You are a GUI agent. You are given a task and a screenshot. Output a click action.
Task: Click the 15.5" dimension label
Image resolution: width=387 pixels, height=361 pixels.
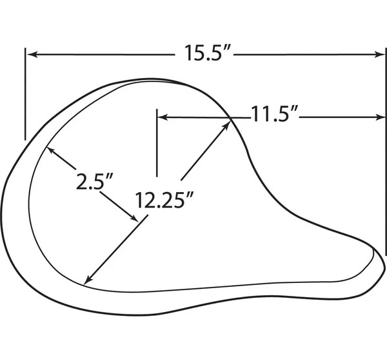[x=207, y=53]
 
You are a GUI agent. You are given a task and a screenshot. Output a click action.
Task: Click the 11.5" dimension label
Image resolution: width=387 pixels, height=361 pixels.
[x=275, y=114]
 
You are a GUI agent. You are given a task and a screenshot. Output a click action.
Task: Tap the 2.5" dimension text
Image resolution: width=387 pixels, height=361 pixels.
[x=94, y=181]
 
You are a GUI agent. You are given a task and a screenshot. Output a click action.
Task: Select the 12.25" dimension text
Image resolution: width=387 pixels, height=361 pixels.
[x=164, y=200]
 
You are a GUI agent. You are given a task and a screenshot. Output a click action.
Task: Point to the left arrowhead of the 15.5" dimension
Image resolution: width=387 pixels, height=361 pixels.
[x=32, y=55]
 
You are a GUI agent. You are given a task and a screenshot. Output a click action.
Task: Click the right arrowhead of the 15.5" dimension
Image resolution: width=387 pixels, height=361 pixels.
[x=380, y=55]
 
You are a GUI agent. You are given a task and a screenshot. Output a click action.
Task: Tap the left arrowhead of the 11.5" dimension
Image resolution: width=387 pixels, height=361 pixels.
[x=163, y=117]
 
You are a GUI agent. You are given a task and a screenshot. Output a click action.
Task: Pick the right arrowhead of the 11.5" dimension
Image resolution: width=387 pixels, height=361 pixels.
[x=380, y=117]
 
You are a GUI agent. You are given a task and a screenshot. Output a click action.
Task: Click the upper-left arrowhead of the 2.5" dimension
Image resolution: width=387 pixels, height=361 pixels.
[x=50, y=150]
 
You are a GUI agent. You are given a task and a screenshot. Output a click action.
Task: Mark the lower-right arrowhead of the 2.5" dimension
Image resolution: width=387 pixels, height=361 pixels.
[x=134, y=218]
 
